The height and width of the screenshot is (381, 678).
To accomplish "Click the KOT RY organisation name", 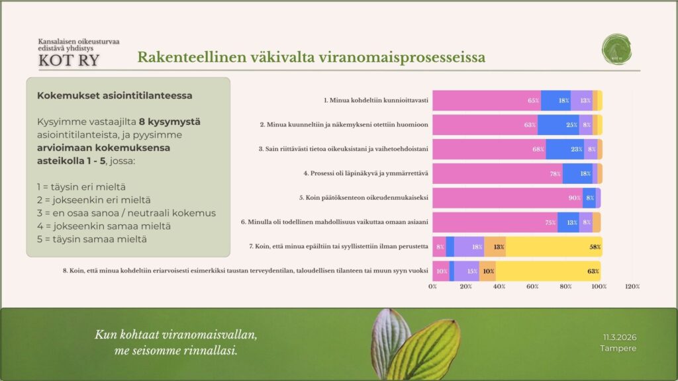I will click(69, 60).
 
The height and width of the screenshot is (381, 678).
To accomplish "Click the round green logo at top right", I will click(617, 50).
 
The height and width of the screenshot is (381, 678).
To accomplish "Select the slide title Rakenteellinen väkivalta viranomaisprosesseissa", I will click(311, 57).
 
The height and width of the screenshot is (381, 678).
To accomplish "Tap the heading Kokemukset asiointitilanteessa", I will click(115, 95).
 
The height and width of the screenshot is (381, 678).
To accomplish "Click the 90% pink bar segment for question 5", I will click(507, 198).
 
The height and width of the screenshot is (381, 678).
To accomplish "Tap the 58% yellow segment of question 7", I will click(554, 247).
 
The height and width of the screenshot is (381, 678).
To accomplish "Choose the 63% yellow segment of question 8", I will click(548, 271).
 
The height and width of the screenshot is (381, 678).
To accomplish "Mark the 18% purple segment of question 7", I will click(469, 247).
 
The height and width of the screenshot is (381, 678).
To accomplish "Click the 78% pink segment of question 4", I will click(497, 173).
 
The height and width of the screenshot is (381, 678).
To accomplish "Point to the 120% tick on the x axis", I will click(632, 286).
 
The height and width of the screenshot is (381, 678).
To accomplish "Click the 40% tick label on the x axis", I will click(499, 286).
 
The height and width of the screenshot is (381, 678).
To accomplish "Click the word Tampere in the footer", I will click(618, 348).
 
